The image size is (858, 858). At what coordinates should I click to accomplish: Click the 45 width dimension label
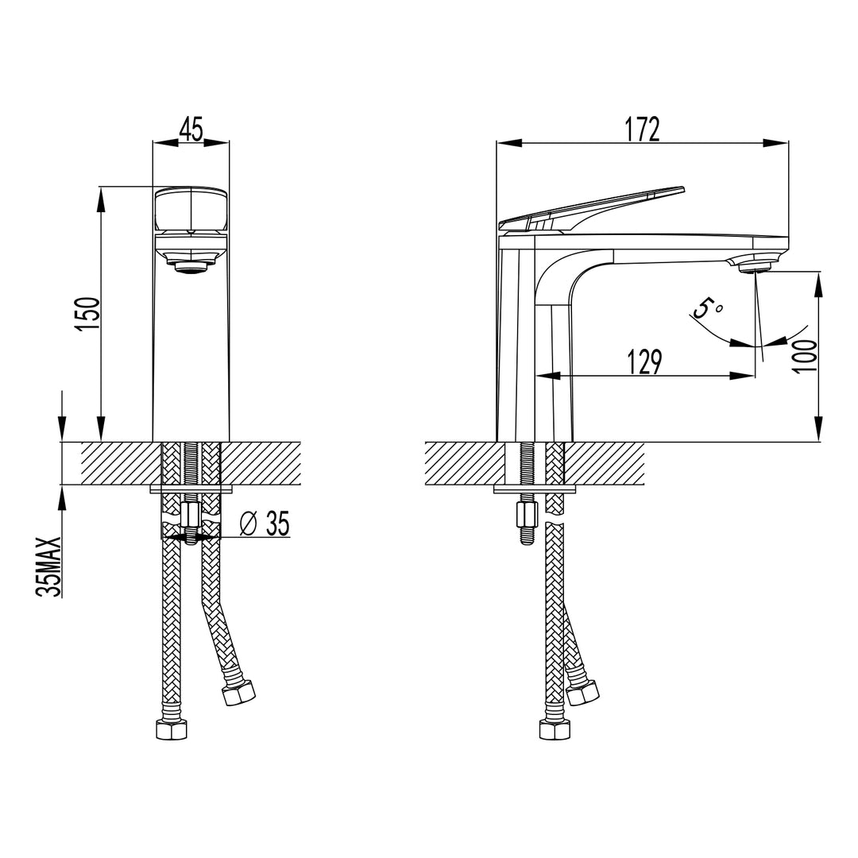pos(191,128)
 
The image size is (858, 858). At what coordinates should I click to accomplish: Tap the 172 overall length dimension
pos(642,128)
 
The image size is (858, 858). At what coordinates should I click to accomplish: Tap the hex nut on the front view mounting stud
pos(191,517)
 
